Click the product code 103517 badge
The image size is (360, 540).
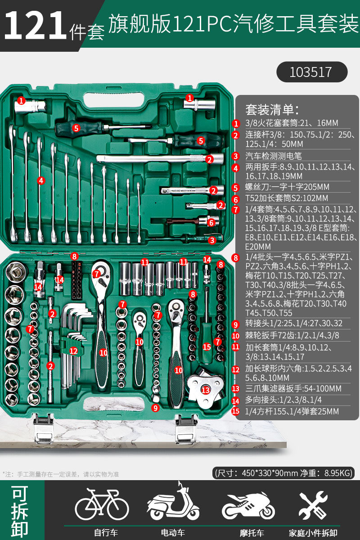coord(312,72)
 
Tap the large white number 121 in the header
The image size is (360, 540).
coord(35,25)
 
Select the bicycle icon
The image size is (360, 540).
coord(102,504)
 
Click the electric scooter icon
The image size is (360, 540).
coord(173,501)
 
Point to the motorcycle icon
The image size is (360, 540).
coord(248,505)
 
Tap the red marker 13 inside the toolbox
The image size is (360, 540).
coord(206,390)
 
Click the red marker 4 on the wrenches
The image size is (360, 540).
coord(41,180)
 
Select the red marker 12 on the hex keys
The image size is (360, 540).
coord(73,351)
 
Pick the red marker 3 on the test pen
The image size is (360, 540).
coord(212,240)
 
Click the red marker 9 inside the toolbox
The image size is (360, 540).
coord(156,408)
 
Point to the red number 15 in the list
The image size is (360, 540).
coord(236,411)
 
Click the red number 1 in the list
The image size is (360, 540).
coord(236,124)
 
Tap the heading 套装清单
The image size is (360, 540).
coord(272,110)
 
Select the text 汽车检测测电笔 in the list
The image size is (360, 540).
coord(274,156)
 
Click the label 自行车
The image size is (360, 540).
coord(106,532)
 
